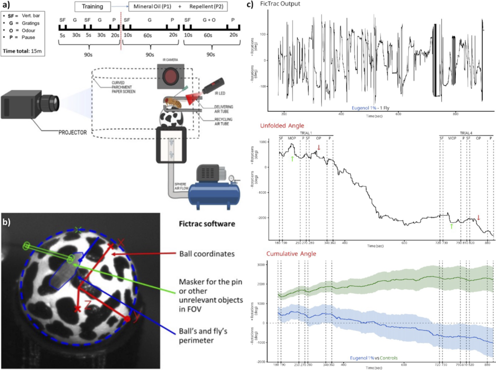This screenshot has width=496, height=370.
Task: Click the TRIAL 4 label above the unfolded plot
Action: tap(465, 132)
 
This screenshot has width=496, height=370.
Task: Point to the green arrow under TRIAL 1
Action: tap(292, 158)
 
